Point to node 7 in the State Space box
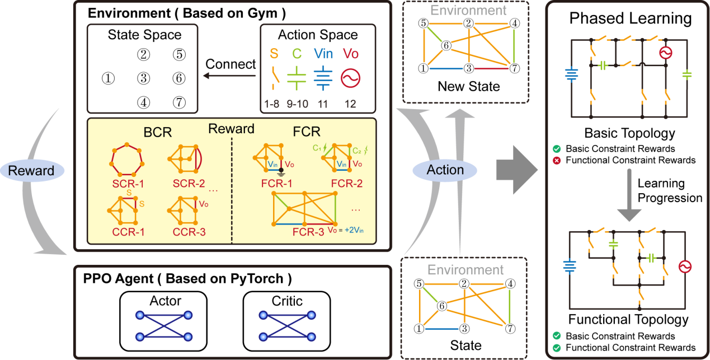(x=178, y=102)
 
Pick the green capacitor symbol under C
(x=297, y=77)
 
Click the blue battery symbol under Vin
(x=322, y=77)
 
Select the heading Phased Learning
(x=630, y=18)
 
